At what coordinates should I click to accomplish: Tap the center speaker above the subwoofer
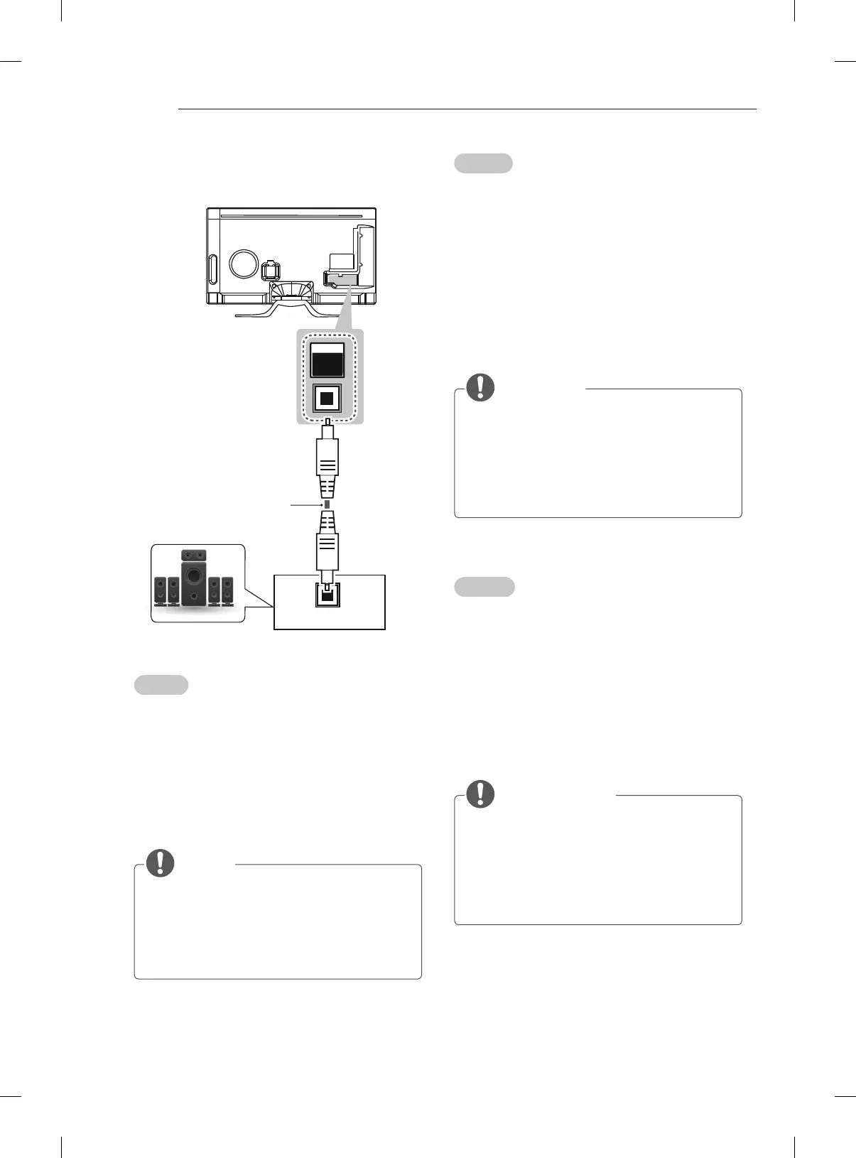194,554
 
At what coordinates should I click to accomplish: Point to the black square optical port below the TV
327,398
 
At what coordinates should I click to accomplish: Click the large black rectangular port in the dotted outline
327,361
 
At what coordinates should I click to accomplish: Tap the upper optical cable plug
327,462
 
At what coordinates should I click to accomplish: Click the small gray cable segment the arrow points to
327,504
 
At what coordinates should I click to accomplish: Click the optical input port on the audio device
327,595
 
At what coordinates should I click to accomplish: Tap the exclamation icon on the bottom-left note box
161,862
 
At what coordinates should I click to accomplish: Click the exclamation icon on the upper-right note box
481,386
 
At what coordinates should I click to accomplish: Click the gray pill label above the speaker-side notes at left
161,685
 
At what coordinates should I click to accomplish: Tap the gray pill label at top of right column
483,163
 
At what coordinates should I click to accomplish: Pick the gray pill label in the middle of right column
484,587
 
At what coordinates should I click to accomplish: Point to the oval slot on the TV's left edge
212,271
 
